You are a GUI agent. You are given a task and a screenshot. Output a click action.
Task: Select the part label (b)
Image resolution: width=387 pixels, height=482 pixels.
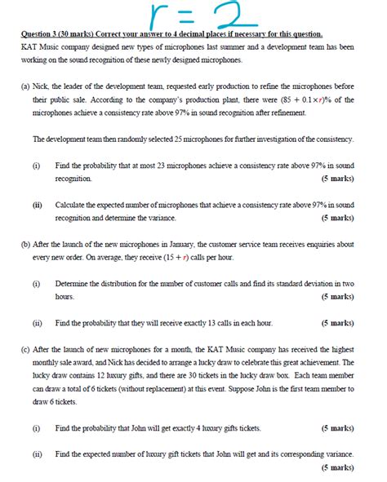point(25,243)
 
